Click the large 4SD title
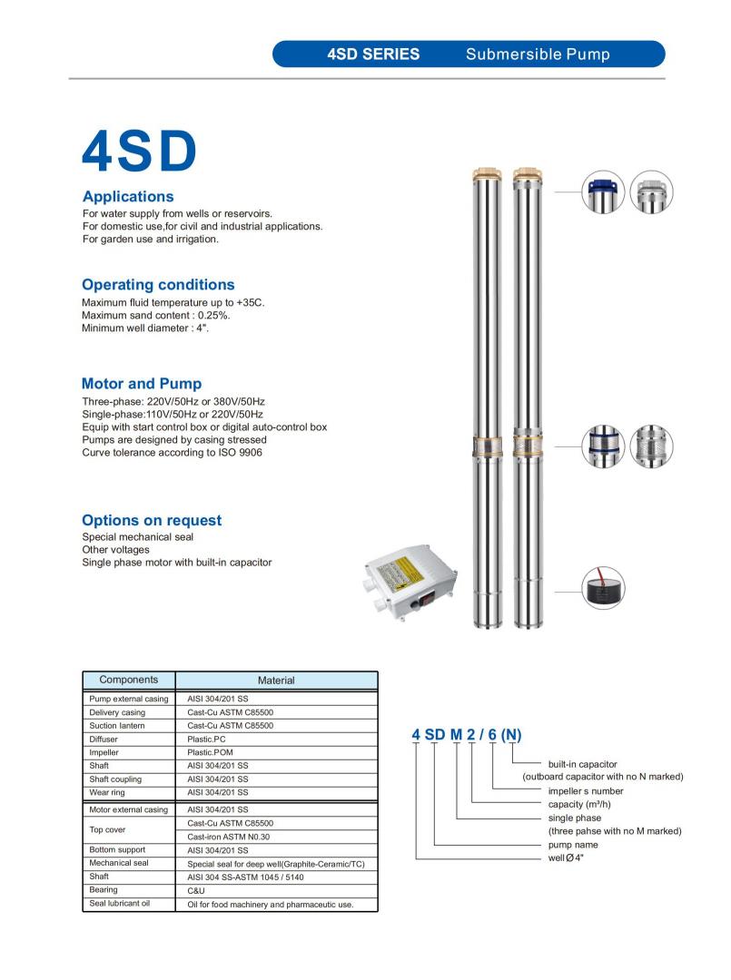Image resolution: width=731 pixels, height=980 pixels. point(139,151)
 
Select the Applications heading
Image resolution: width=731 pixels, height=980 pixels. point(127,196)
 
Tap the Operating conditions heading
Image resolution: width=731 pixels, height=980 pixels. point(158,284)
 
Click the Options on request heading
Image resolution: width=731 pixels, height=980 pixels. point(152,520)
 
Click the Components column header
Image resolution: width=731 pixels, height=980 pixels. point(128,680)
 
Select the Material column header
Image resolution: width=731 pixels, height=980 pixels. point(275,681)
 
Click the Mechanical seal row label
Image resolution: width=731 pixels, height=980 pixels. point(118,863)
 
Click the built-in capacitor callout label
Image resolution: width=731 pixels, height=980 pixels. point(582,764)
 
